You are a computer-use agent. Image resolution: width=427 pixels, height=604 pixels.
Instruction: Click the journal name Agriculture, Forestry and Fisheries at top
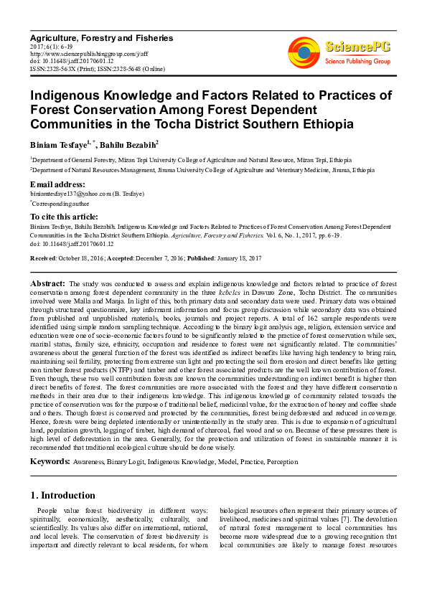pyautogui.click(x=100, y=37)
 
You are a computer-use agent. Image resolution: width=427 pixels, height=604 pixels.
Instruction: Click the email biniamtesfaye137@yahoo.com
pyautogui.click(x=70, y=194)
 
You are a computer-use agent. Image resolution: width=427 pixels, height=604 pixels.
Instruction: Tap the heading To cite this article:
pyautogui.click(x=64, y=216)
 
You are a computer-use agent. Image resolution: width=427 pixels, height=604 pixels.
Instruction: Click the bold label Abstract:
pyautogui.click(x=48, y=284)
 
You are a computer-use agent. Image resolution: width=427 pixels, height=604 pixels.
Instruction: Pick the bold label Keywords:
pyautogui.click(x=50, y=461)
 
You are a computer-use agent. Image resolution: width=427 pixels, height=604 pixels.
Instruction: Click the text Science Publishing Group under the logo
pyautogui.click(x=357, y=62)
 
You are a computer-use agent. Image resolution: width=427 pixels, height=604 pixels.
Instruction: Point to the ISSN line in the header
pyautogui.click(x=97, y=68)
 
